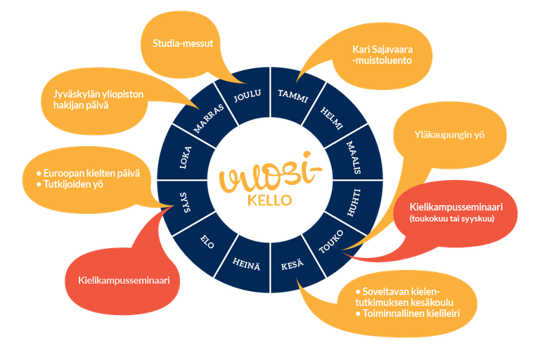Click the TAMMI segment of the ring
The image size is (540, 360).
[294, 96]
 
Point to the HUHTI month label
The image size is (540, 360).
[355, 196]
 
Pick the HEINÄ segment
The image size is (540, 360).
[247, 264]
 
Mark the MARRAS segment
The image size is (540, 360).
[209, 119]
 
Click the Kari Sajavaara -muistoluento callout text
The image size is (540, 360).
[382, 55]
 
